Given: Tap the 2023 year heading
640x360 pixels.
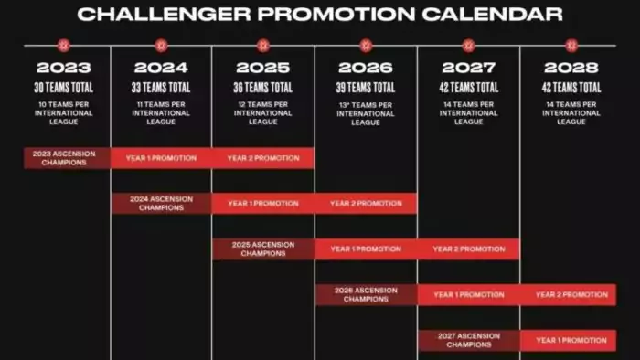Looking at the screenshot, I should [x=63, y=68].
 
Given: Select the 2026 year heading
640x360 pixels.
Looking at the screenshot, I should [x=365, y=68].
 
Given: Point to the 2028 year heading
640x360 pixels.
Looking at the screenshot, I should [x=571, y=68].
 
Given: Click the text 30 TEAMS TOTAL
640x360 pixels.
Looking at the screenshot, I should [x=63, y=88].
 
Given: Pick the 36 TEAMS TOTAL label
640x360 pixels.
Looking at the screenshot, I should [x=263, y=88].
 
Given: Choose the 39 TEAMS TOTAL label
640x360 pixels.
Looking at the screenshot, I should [x=365, y=88].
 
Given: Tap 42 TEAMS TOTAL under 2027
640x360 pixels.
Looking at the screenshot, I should [x=468, y=88].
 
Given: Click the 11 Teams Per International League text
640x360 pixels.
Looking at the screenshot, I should [x=161, y=113].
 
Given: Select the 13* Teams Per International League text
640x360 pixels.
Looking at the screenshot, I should [x=365, y=113].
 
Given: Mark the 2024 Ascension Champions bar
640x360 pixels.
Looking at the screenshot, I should [x=161, y=204].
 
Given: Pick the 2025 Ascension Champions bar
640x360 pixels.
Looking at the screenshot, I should [x=263, y=249].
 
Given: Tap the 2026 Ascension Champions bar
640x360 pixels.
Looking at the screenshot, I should [x=366, y=295].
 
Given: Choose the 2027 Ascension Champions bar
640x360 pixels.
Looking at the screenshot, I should [x=469, y=341].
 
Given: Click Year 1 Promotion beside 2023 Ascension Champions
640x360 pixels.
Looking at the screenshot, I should [x=161, y=158].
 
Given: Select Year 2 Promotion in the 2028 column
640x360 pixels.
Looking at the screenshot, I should [x=571, y=295].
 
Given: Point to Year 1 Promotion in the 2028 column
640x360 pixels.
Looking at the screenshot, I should [x=571, y=341].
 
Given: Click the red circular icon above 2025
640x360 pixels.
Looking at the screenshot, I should [x=263, y=45].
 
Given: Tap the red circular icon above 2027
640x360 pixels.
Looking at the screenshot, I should [x=468, y=45].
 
